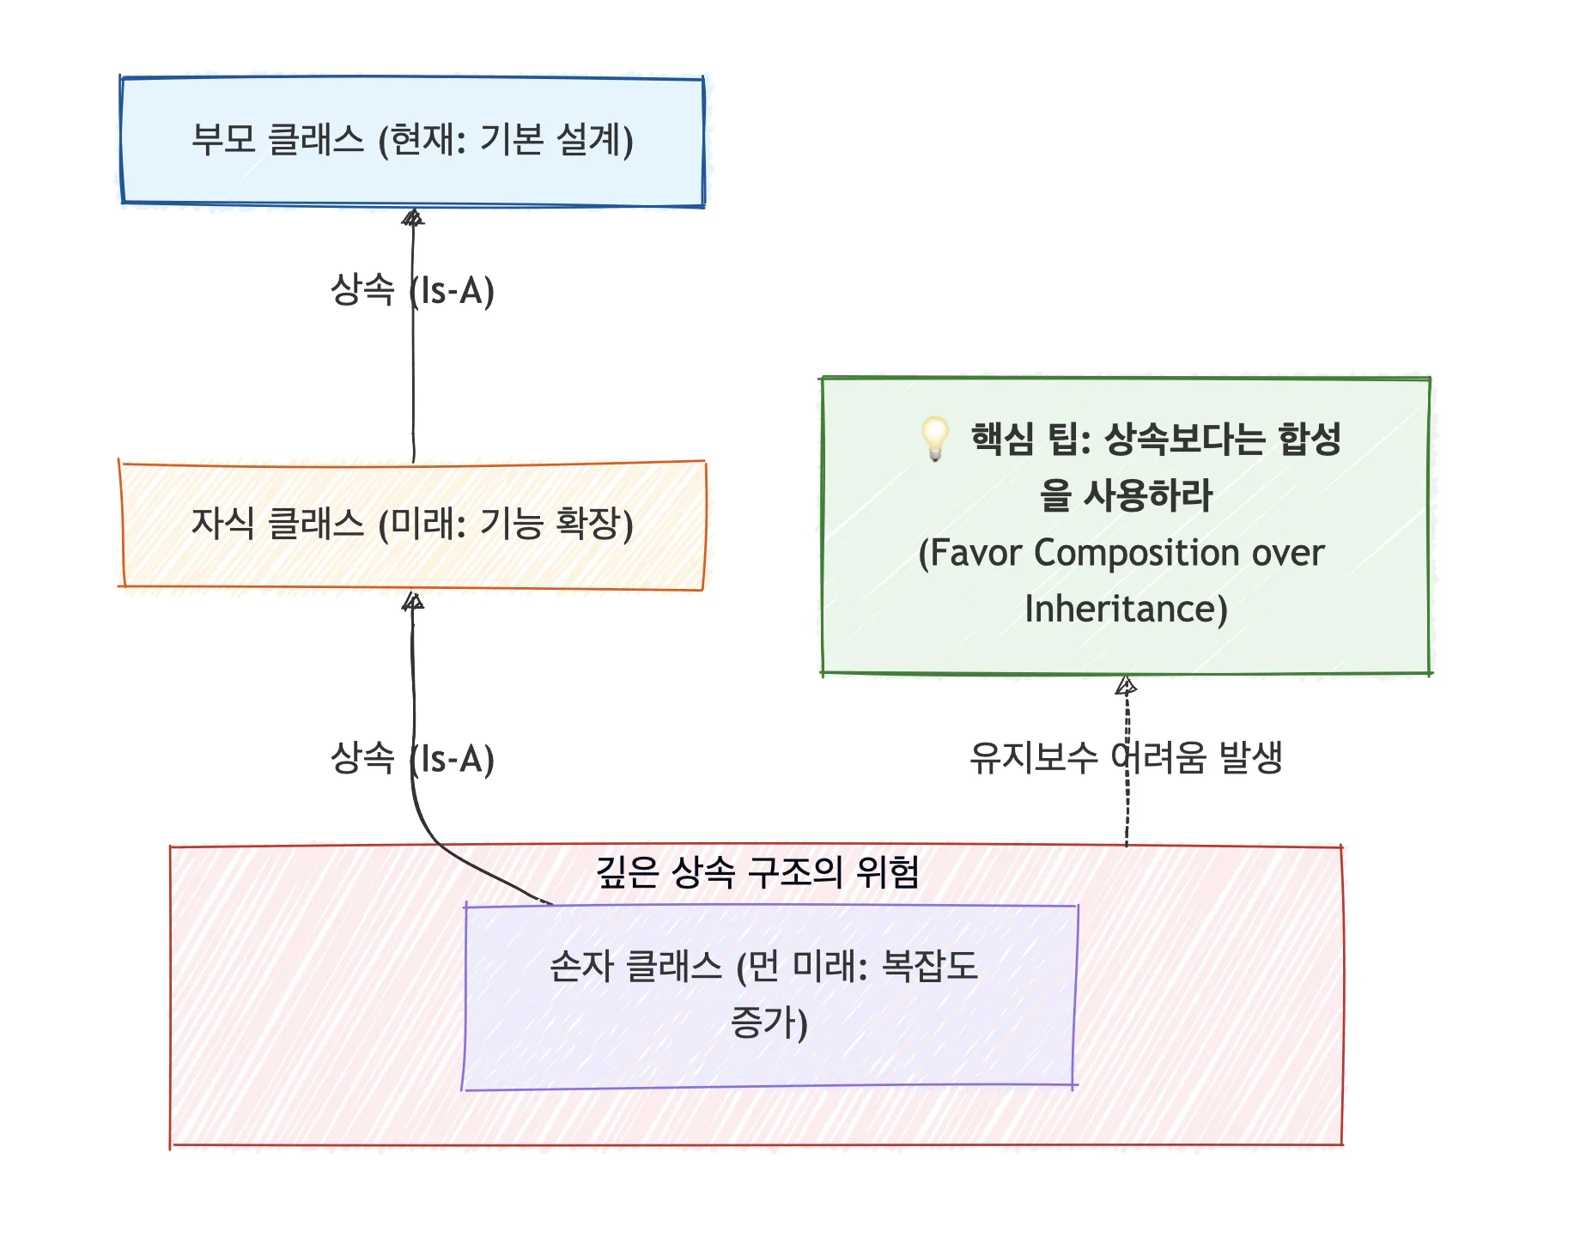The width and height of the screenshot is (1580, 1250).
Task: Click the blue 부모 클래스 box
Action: [x=412, y=142]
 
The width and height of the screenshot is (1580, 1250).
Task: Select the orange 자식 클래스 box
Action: [x=412, y=525]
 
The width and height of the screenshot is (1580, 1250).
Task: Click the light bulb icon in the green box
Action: [x=935, y=438]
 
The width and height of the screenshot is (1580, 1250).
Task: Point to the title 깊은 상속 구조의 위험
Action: [x=757, y=872]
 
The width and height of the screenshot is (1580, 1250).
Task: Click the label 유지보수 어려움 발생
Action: [x=1126, y=758]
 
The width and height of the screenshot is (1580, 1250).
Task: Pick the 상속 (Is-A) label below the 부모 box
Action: [x=412, y=290]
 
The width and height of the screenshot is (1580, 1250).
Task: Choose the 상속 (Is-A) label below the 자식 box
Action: [x=412, y=759]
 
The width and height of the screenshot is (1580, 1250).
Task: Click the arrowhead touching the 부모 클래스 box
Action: [x=413, y=218]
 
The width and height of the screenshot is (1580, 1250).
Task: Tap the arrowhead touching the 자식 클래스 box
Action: [x=413, y=602]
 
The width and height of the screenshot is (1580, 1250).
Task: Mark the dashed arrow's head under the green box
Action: [x=1126, y=686]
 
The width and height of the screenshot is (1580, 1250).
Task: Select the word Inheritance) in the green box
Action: [x=1126, y=609]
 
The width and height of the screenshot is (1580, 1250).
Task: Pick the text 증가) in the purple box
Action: [x=769, y=1022]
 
